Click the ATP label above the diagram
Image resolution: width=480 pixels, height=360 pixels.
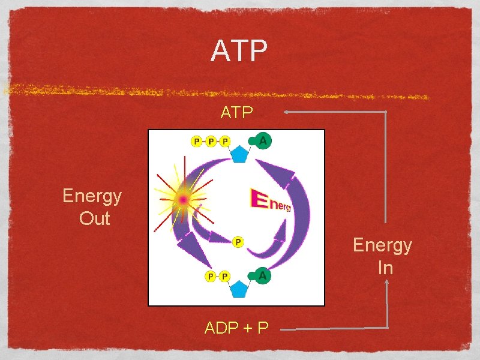point(236,113)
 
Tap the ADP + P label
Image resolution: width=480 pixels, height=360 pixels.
point(236,328)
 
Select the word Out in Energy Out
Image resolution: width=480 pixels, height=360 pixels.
point(95,218)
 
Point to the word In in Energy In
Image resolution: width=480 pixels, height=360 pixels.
point(385,268)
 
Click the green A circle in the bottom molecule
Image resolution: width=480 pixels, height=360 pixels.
point(262,276)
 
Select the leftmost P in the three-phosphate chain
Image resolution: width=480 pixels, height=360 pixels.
point(196,142)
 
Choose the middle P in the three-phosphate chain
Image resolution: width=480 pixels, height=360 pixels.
point(211,142)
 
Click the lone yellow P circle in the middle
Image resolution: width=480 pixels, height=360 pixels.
point(238,241)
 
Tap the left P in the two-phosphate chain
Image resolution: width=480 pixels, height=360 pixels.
point(210,276)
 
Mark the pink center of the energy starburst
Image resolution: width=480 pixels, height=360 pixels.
point(182,199)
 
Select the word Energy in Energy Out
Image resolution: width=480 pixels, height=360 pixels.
point(92,196)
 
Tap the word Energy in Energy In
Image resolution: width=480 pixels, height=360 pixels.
point(382,245)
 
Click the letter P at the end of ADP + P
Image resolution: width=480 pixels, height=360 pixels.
point(262,328)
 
